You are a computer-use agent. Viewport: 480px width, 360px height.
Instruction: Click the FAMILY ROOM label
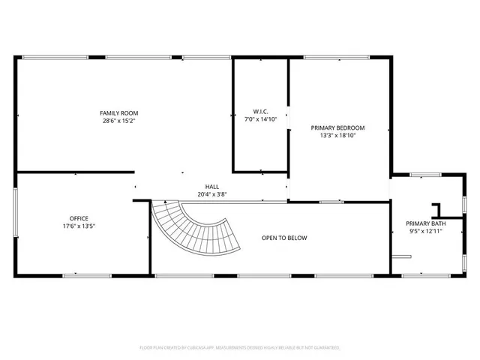point(120,112)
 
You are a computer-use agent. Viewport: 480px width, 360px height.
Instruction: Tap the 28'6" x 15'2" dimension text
point(120,120)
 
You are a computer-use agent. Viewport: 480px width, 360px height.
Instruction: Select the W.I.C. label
point(260,112)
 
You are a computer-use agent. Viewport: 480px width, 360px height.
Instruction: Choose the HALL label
point(212,187)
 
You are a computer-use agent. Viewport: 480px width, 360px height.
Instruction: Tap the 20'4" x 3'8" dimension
point(212,194)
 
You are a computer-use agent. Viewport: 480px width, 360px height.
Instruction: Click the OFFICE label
point(79,219)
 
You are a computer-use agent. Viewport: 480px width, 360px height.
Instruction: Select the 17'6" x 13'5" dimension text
point(79,226)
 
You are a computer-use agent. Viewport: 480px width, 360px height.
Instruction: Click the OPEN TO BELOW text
point(284,238)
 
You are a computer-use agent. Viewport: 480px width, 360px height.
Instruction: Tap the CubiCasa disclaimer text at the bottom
point(240,348)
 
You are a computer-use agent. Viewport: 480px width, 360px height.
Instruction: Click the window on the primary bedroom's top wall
point(335,57)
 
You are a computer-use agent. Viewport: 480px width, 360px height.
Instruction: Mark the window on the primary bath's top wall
point(424,175)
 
